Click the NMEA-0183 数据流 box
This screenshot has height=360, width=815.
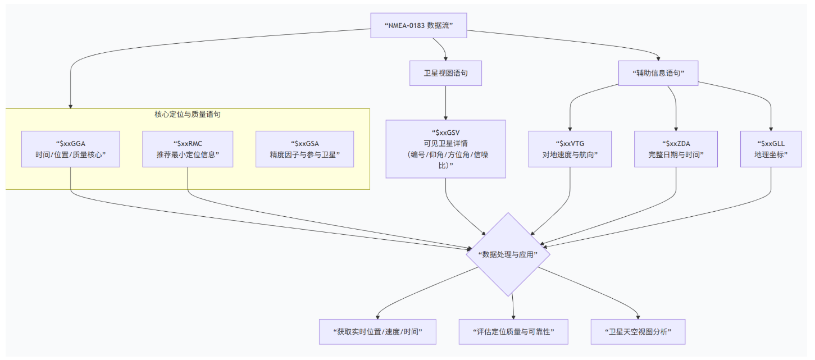418,25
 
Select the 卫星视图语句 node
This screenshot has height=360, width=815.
445,73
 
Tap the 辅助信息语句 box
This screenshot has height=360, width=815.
658,73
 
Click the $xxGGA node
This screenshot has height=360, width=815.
71,149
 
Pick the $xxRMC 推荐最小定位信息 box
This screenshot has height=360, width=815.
188,149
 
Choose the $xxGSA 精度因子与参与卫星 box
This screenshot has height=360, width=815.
304,149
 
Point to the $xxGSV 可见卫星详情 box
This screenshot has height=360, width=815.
446,149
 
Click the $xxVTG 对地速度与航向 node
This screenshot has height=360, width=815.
570,149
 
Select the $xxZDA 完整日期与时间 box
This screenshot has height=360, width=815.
676,149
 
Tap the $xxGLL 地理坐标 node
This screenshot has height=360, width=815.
771,149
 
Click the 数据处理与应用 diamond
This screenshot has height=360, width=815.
508,254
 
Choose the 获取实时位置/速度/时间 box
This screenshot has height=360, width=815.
377,331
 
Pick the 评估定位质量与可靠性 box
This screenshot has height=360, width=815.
513,331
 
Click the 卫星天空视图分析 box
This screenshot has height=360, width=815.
638,331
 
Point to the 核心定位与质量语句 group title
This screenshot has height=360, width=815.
188,114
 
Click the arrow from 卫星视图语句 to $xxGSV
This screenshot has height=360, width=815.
446,103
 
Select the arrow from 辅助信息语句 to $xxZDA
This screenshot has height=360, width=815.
676,107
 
